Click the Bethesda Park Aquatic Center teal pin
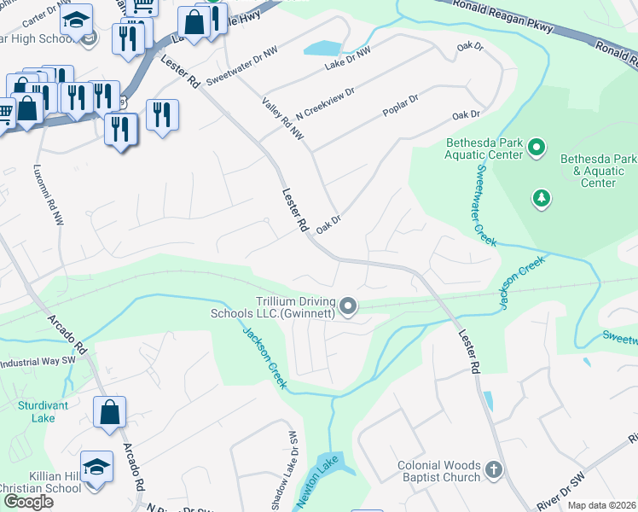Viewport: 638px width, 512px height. pyautogui.click(x=536, y=148)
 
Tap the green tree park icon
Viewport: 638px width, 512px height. pyautogui.click(x=541, y=199)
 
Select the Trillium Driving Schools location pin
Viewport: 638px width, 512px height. pyautogui.click(x=348, y=305)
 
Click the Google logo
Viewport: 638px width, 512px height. pyautogui.click(x=28, y=502)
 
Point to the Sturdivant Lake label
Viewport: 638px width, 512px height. pyautogui.click(x=36, y=411)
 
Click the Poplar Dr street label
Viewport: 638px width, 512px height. pyautogui.click(x=401, y=101)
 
